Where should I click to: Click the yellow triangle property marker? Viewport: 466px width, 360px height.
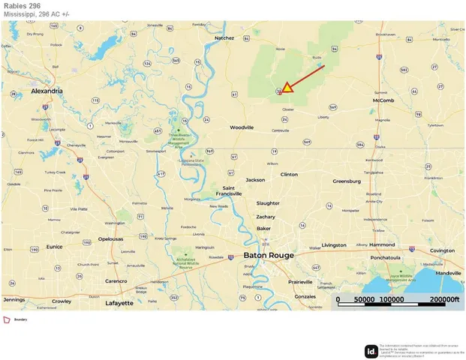tap(287, 88)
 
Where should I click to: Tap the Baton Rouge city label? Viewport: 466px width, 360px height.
tap(269, 255)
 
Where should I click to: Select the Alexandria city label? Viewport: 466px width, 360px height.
tap(47, 91)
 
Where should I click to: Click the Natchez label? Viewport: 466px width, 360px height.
tap(225, 37)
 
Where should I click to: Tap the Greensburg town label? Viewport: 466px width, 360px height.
tap(347, 181)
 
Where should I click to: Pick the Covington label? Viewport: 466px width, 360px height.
tap(442, 250)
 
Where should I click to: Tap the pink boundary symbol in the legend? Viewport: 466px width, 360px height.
tap(7, 320)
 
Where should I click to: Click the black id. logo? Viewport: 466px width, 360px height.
tap(371, 350)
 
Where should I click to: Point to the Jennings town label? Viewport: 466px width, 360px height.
tap(14, 299)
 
